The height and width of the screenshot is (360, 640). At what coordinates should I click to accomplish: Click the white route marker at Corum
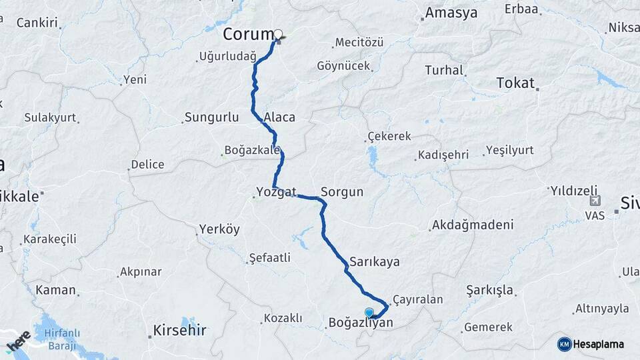pyautogui.click(x=278, y=35)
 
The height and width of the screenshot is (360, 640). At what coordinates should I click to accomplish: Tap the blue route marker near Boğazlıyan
pyautogui.click(x=369, y=312)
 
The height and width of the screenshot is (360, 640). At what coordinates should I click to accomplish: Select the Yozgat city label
pyautogui.click(x=276, y=192)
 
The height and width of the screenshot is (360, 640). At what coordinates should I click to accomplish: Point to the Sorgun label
pyautogui.click(x=342, y=192)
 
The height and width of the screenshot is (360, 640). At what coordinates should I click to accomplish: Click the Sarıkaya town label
pyautogui.click(x=374, y=261)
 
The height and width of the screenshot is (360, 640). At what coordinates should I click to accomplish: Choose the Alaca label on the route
pyautogui.click(x=279, y=117)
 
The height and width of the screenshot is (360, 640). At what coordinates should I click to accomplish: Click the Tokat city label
pyautogui.click(x=515, y=83)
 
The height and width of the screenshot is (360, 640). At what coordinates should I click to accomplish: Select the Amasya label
pyautogui.click(x=451, y=13)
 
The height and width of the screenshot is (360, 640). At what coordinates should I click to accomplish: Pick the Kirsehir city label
pyautogui.click(x=179, y=330)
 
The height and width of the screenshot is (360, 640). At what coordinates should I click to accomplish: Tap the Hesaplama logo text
pyautogui.click(x=599, y=344)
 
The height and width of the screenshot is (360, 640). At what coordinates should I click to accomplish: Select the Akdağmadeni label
pyautogui.click(x=473, y=225)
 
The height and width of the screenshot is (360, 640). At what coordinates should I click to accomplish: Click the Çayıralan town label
pyautogui.click(x=418, y=300)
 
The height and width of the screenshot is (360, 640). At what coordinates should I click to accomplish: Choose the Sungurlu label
pyautogui.click(x=211, y=118)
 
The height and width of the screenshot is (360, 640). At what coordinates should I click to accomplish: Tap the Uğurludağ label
pyautogui.click(x=227, y=57)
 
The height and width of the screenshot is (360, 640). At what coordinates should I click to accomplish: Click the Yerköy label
pyautogui.click(x=219, y=230)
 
